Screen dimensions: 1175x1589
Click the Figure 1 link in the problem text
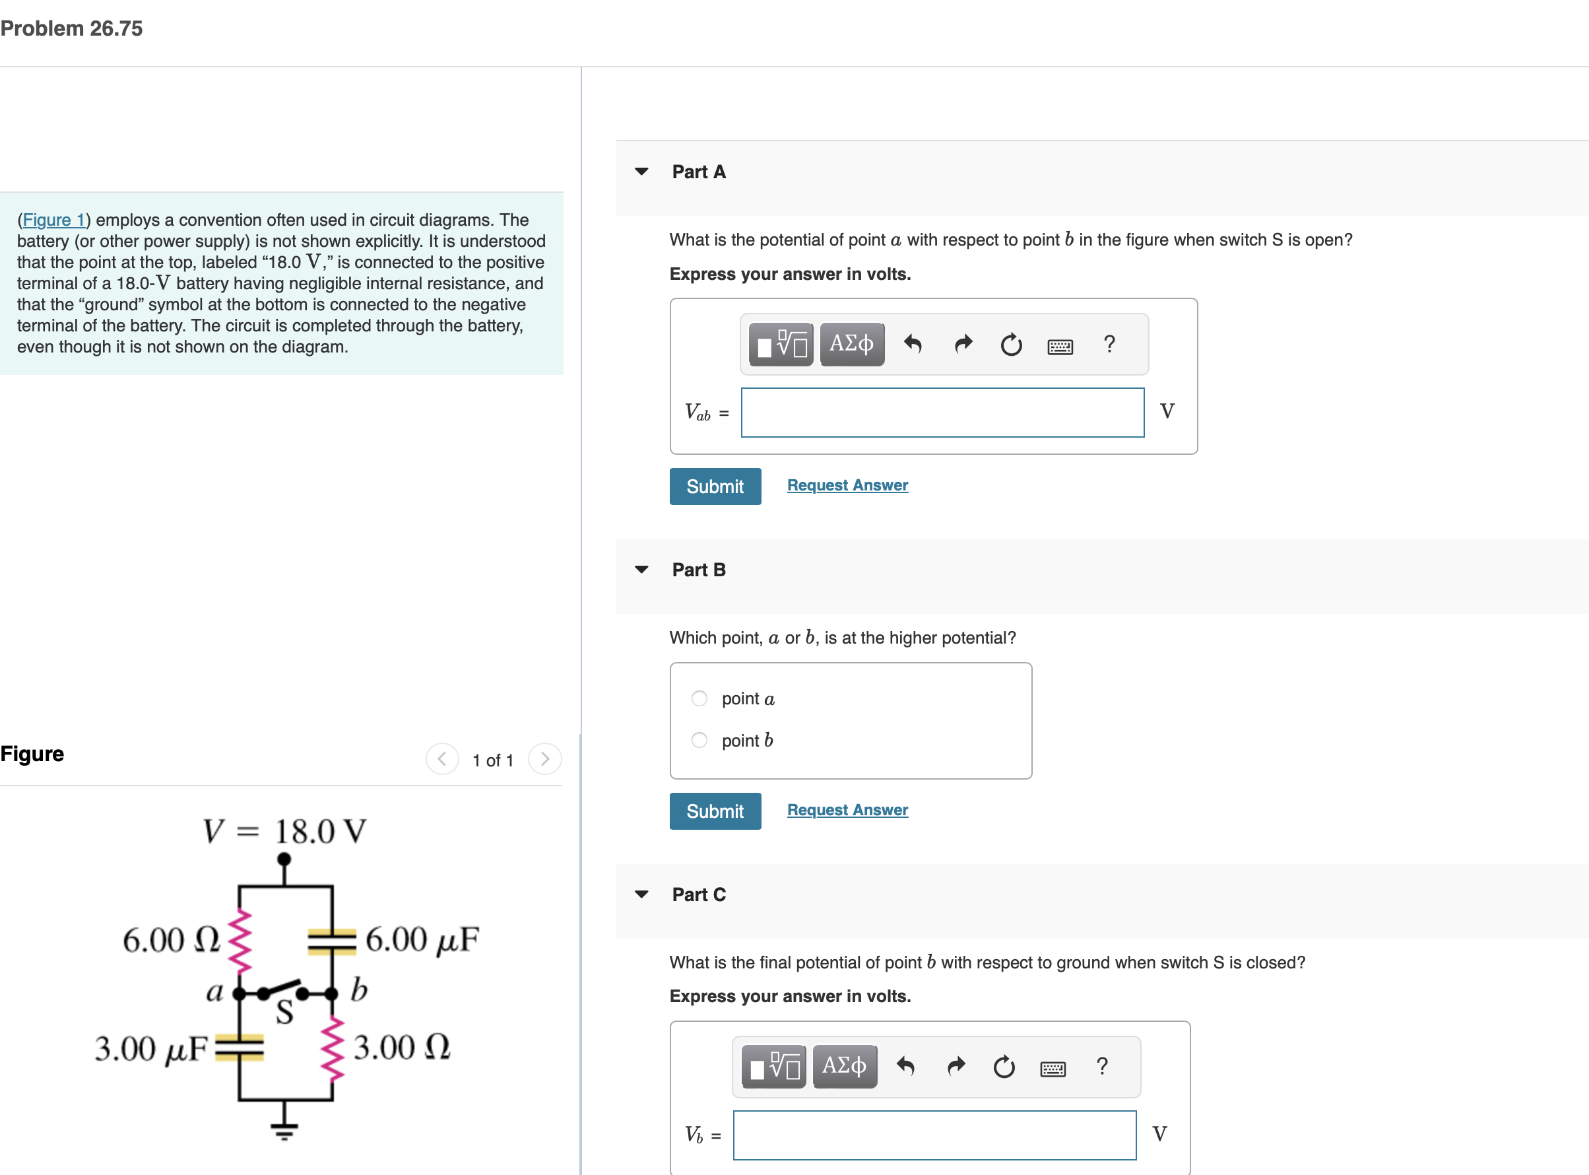pyautogui.click(x=53, y=220)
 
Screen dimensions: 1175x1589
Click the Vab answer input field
pyautogui.click(x=942, y=413)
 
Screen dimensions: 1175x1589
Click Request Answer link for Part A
pyautogui.click(x=847, y=485)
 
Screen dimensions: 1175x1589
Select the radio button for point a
pyautogui.click(x=699, y=698)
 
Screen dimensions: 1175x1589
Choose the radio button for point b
pyautogui.click(x=699, y=741)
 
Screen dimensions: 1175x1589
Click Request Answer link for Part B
pyautogui.click(x=847, y=810)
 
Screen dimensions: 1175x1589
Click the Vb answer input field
pyautogui.click(x=934, y=1135)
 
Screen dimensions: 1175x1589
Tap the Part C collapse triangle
pyautogui.click(x=641, y=894)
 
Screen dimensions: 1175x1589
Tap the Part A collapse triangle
pyautogui.click(x=641, y=172)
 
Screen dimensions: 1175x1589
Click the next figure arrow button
pyautogui.click(x=544, y=759)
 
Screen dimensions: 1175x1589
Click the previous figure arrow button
pyautogui.click(x=441, y=759)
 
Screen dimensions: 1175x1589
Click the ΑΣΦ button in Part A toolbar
pyautogui.click(x=852, y=345)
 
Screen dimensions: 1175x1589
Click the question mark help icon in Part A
pyautogui.click(x=1109, y=345)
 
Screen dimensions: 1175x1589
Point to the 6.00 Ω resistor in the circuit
pyautogui.click(x=240, y=939)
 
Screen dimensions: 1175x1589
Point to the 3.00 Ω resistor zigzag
pyautogui.click(x=332, y=1048)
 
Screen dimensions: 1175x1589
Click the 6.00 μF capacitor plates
pyautogui.click(x=332, y=940)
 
